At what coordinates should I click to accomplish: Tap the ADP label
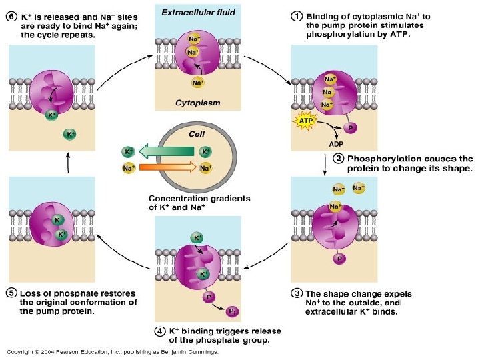[336, 142]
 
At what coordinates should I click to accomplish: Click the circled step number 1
[295, 16]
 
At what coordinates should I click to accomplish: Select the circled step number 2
[339, 159]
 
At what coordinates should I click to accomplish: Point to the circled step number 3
[296, 293]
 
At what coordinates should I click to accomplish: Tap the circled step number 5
[11, 293]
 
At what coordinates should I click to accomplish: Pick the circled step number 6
[11, 16]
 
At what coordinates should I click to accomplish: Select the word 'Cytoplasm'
[197, 103]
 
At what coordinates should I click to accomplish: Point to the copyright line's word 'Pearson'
[73, 351]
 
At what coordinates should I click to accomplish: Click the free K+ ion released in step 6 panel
[69, 134]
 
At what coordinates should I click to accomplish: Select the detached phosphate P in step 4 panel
[232, 311]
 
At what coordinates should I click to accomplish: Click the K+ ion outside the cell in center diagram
[127, 152]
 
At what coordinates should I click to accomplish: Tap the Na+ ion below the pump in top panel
[197, 83]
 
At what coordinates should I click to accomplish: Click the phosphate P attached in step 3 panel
[339, 259]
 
